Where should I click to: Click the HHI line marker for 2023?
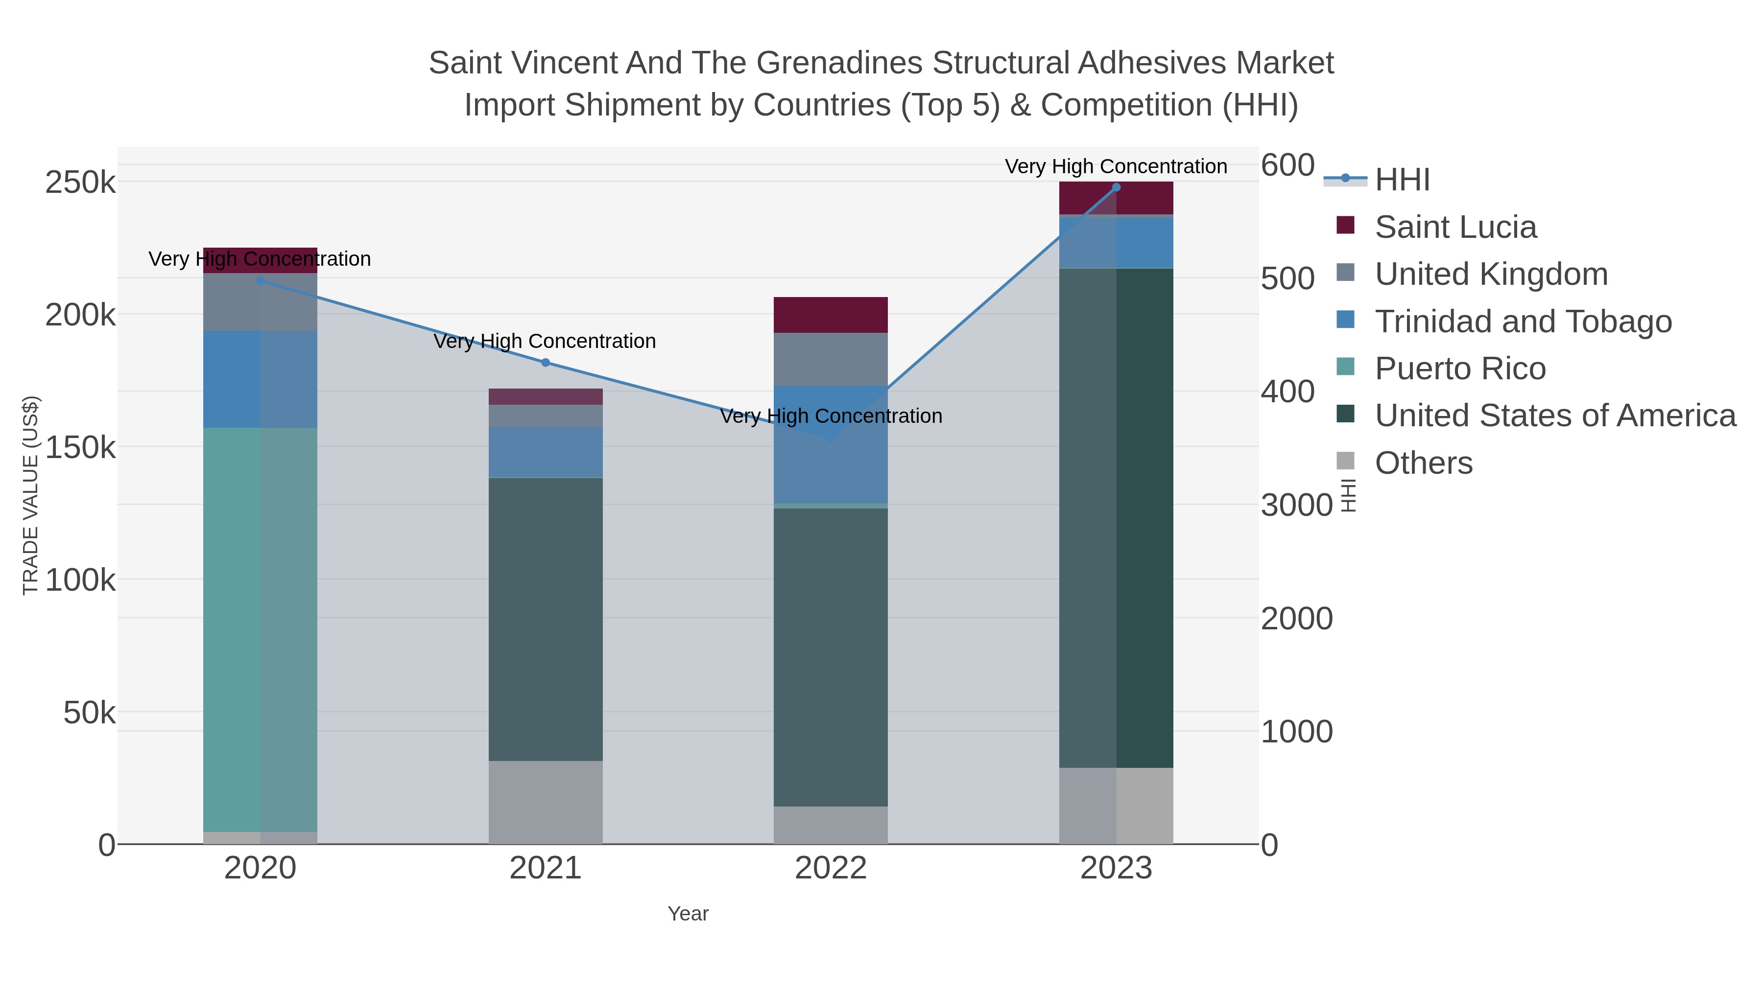(1116, 187)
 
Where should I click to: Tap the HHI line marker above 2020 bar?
(260, 280)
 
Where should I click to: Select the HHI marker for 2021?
(546, 363)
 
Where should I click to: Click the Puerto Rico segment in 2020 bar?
(260, 629)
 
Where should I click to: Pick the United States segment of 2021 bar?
(546, 619)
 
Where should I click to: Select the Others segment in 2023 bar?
(1116, 805)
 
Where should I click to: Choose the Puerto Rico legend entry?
(1460, 369)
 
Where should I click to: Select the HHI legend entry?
(1402, 180)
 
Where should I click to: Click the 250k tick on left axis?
(80, 183)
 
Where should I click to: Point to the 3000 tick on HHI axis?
(1296, 506)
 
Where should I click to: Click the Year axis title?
(688, 914)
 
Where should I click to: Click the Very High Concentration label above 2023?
(1116, 166)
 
